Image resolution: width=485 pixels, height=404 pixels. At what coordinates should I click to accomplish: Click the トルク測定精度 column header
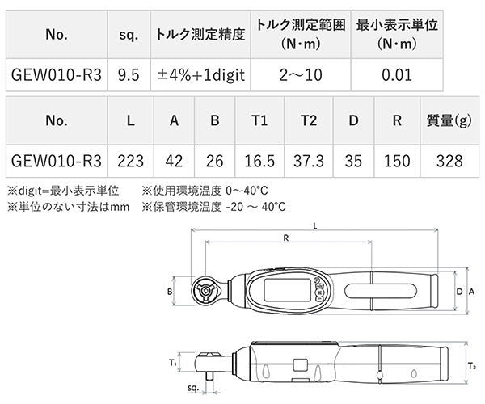click(200, 36)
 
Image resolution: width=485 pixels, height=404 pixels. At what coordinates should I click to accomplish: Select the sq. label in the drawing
click(192, 388)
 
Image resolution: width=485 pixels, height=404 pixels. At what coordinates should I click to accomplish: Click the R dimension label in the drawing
click(287, 238)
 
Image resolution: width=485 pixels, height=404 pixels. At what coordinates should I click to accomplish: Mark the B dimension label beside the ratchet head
click(170, 291)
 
